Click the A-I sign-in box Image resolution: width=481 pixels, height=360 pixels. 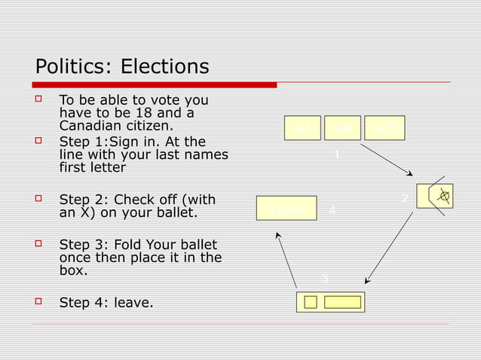(x=302, y=128)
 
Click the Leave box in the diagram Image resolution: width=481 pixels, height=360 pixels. (x=286, y=208)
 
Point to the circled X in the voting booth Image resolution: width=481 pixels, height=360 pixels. (x=445, y=197)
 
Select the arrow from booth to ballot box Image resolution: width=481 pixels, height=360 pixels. (x=389, y=248)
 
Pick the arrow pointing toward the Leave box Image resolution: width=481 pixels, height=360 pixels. (x=286, y=261)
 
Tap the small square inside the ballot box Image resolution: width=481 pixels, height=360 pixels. (x=310, y=302)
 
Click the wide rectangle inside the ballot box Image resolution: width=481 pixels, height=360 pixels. (x=343, y=302)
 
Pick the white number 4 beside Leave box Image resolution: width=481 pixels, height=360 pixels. (x=332, y=211)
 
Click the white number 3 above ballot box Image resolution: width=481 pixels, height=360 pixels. (x=324, y=279)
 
